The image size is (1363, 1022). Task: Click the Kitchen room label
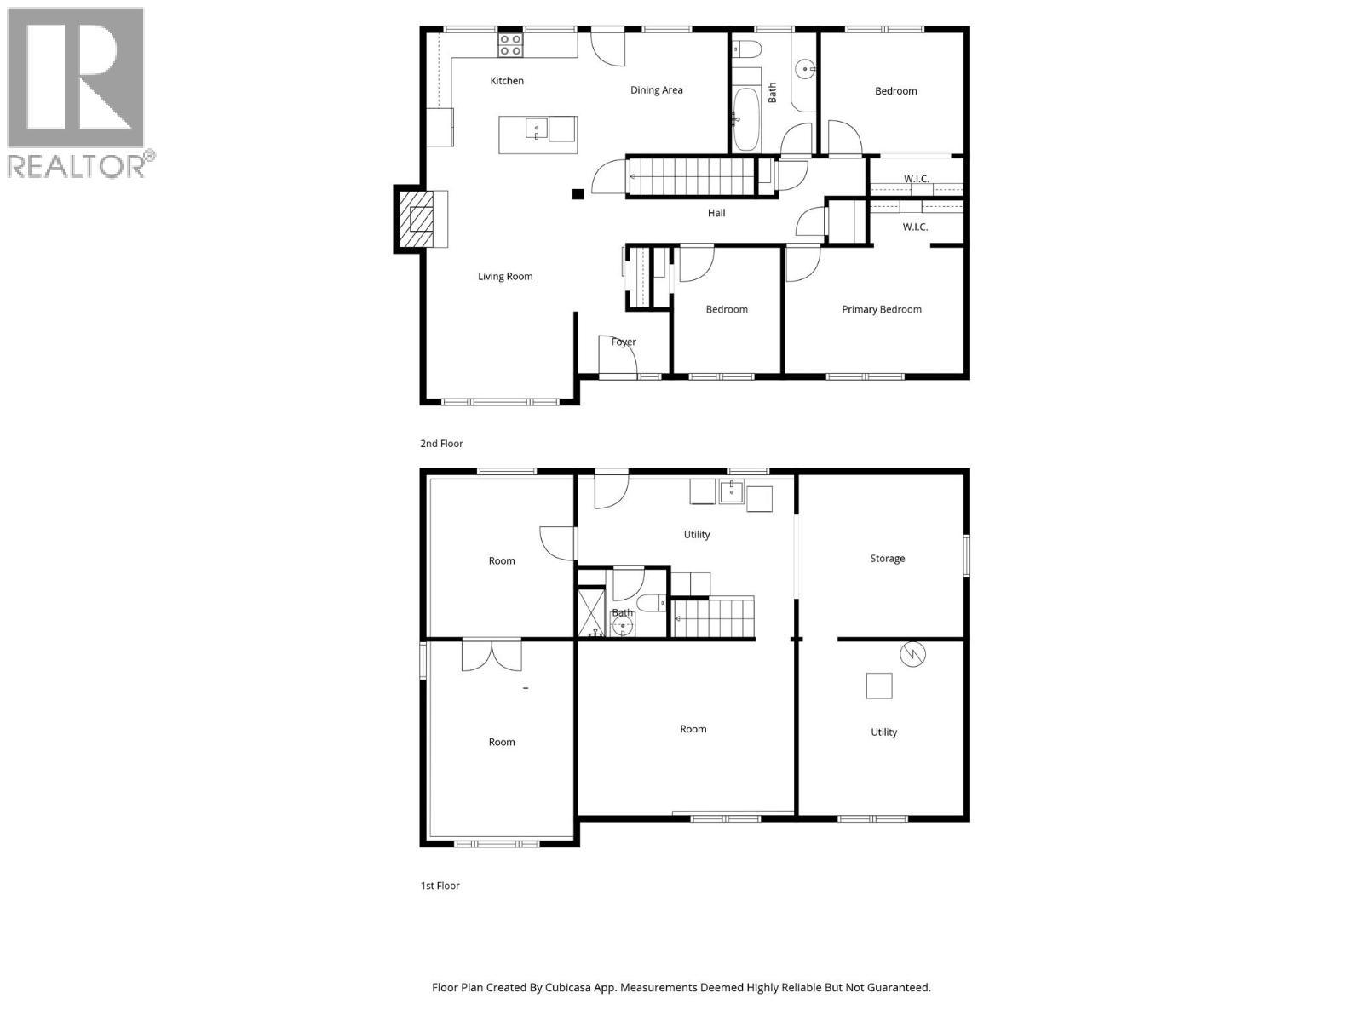(507, 81)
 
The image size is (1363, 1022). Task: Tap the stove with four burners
(510, 45)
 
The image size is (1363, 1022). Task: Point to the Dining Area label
(656, 90)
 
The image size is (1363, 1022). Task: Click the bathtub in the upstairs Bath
(745, 119)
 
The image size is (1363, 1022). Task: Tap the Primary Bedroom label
(882, 309)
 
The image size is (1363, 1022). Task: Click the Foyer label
(624, 342)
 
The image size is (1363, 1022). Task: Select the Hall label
(716, 213)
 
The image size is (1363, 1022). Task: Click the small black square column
(578, 194)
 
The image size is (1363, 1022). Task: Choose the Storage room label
(887, 559)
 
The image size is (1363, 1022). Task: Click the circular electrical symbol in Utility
(912, 654)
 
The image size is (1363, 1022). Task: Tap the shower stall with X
(591, 611)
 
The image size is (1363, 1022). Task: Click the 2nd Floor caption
(441, 444)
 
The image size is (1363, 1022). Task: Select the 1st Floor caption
(440, 886)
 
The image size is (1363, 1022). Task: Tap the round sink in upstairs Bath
(805, 68)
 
